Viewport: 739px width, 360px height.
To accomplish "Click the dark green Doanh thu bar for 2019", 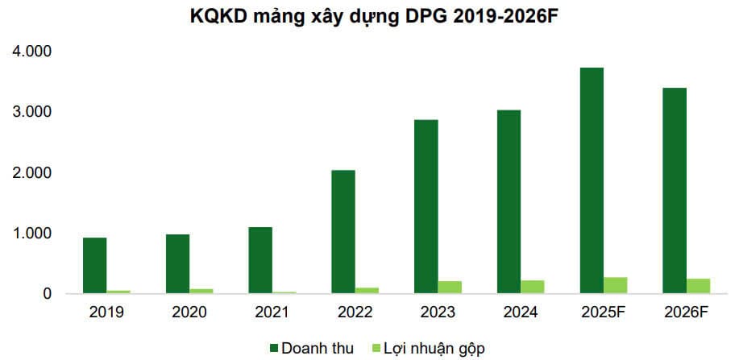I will tap(95, 266).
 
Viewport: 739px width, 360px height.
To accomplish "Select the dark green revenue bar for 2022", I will tap(343, 232).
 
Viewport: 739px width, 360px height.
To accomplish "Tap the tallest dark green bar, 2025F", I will tap(592, 180).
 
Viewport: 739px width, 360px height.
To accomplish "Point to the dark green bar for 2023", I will tap(426, 207).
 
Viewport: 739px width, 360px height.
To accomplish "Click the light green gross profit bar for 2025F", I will tap(616, 285).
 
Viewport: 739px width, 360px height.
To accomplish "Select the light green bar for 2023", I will tap(450, 288).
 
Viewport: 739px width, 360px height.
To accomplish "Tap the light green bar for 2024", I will tap(533, 287).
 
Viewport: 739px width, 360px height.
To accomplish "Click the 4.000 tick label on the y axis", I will tap(31, 52).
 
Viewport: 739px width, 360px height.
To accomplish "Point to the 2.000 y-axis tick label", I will tap(31, 173).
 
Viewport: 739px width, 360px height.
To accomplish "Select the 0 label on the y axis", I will tap(47, 294).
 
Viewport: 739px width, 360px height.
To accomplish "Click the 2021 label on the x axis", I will tap(272, 311).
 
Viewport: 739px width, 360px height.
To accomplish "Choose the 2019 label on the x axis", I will tap(107, 311).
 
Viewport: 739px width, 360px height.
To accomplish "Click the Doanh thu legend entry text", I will tap(317, 348).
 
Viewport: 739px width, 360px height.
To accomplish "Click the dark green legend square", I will tap(273, 348).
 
